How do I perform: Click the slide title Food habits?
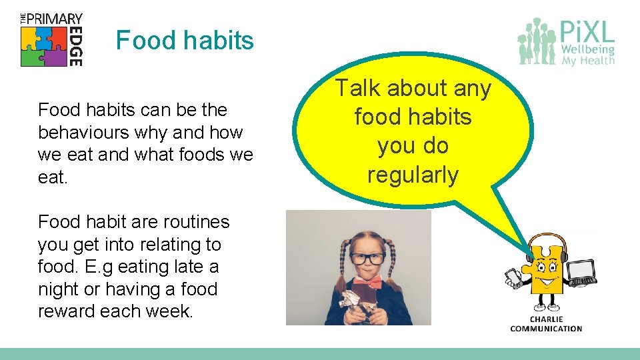[185, 41]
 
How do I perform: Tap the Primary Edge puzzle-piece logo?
[45, 47]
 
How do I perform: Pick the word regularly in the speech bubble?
[413, 175]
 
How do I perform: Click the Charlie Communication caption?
[546, 323]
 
